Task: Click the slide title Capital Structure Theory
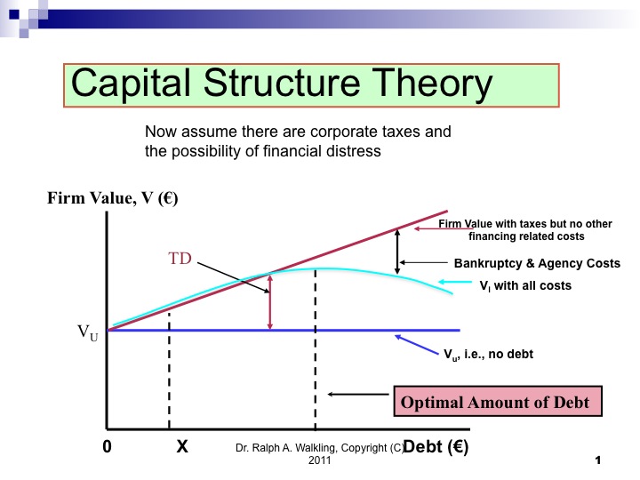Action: pyautogui.click(x=281, y=84)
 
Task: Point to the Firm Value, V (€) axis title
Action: pyautogui.click(x=113, y=199)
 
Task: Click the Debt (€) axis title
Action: pyautogui.click(x=436, y=447)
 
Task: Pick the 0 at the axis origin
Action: pyautogui.click(x=107, y=448)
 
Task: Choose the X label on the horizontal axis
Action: pyautogui.click(x=181, y=448)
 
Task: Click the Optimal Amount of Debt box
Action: pyautogui.click(x=495, y=402)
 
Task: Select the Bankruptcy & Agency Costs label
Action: pyautogui.click(x=537, y=264)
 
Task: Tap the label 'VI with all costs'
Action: pyautogui.click(x=525, y=286)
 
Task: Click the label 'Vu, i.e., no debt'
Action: pyautogui.click(x=488, y=354)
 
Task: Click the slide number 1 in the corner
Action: pyautogui.click(x=598, y=461)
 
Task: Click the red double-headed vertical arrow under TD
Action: pyautogui.click(x=269, y=300)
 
